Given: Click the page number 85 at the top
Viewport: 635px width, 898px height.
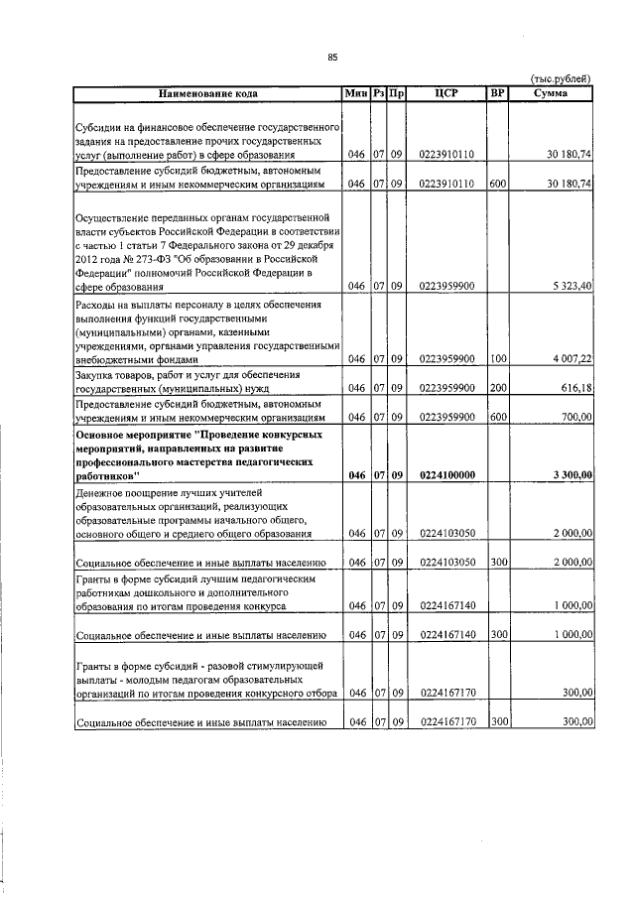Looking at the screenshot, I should [x=332, y=57].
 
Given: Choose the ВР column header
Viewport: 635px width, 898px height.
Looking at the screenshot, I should [x=497, y=93].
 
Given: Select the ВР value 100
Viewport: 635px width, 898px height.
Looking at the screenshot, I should [x=497, y=358].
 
